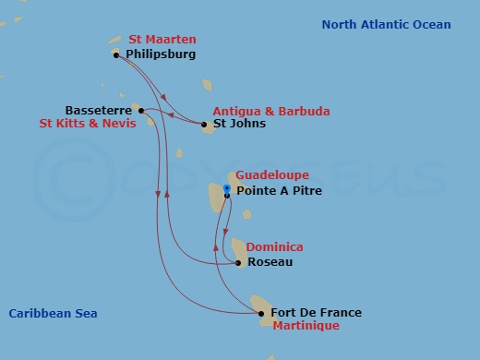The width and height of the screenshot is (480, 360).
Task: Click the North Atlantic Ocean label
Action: click(x=386, y=25)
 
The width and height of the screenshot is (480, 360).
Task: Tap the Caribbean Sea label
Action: click(x=53, y=314)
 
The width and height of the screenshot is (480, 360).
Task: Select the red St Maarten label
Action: click(x=162, y=41)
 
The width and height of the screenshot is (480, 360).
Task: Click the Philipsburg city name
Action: click(x=161, y=54)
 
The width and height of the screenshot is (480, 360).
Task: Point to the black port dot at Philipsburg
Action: click(x=115, y=55)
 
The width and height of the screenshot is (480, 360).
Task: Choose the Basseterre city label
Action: click(x=98, y=110)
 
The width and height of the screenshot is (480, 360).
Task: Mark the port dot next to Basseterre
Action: click(x=140, y=111)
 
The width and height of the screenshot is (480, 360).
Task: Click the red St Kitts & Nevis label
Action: click(x=86, y=123)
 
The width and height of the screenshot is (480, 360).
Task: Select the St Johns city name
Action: click(x=239, y=124)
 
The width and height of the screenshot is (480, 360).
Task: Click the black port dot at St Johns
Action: click(x=204, y=124)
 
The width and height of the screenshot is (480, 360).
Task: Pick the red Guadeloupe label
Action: click(x=272, y=175)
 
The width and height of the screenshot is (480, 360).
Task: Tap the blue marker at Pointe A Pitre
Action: click(x=226, y=190)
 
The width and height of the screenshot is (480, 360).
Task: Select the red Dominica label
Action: click(x=274, y=247)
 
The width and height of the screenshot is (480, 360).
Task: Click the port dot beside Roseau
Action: click(x=238, y=263)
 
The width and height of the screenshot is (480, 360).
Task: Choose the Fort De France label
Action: click(x=317, y=313)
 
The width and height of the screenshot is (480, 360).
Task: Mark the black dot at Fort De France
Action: click(x=261, y=314)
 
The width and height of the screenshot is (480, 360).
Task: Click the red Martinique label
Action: click(x=306, y=326)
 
